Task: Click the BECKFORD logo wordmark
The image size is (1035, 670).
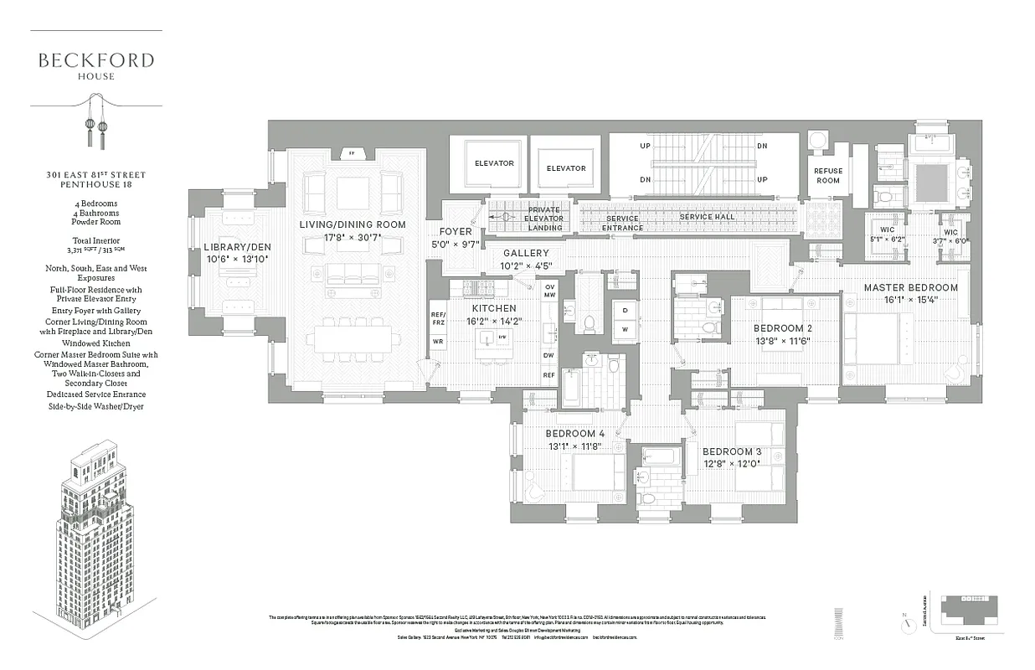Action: tap(95, 60)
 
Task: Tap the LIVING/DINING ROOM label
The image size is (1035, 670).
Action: tap(353, 224)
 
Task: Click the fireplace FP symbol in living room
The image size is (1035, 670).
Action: tap(352, 154)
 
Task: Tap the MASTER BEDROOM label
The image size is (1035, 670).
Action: tap(911, 287)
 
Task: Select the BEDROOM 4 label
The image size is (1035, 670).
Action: tap(574, 434)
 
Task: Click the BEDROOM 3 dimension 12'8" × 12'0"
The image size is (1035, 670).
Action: tap(731, 463)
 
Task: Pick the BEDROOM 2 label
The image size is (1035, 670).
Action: tap(782, 328)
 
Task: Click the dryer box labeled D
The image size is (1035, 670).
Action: tap(625, 311)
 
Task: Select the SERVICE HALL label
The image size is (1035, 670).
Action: tap(708, 217)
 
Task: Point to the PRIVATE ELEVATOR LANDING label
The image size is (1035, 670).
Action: tap(545, 218)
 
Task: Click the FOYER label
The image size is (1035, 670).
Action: tap(456, 232)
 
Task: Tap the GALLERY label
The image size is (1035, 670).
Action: tap(526, 253)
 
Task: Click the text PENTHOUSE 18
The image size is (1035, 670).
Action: tap(95, 185)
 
